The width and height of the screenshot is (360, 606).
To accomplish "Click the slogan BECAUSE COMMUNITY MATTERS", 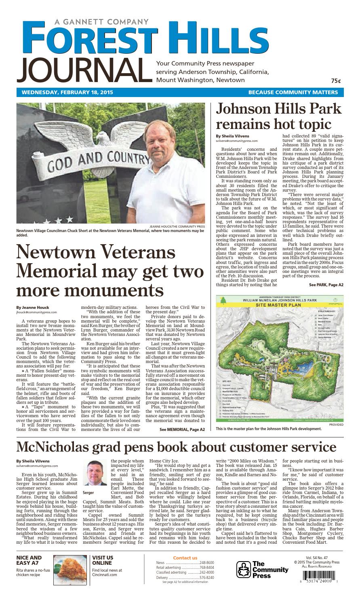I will click(293, 92).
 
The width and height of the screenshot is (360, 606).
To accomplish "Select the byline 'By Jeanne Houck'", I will click(33, 307).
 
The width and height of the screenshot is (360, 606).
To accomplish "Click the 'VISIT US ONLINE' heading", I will click(103, 560).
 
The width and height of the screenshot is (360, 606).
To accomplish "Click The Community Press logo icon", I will click(243, 569).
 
